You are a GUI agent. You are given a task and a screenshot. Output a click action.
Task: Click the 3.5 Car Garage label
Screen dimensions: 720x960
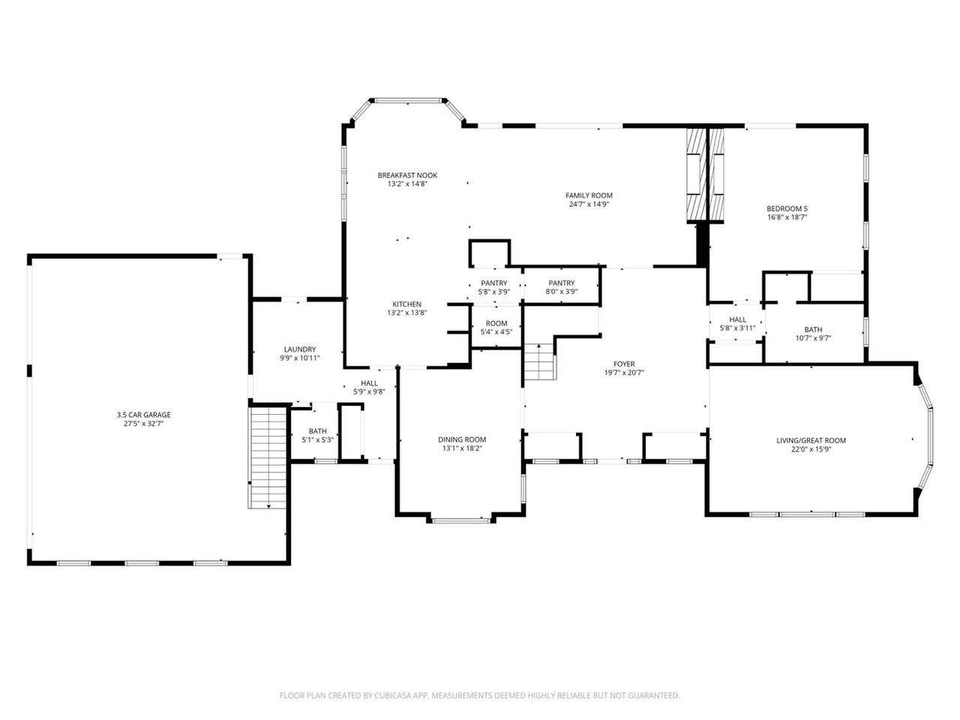pyautogui.click(x=143, y=415)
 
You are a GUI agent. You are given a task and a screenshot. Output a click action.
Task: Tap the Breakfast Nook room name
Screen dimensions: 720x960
pyautogui.click(x=407, y=175)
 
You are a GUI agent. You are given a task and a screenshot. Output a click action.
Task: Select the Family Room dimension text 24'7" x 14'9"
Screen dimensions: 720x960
pyautogui.click(x=589, y=204)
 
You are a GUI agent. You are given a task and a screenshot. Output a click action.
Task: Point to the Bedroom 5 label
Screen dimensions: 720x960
pyautogui.click(x=787, y=208)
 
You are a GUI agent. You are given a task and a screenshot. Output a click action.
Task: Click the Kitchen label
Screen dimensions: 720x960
pyautogui.click(x=406, y=304)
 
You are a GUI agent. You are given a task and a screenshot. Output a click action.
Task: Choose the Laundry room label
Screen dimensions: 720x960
pyautogui.click(x=299, y=349)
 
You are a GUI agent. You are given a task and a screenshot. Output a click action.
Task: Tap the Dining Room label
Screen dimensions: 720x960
pyautogui.click(x=462, y=440)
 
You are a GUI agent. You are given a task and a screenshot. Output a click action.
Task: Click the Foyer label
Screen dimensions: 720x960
pyautogui.click(x=624, y=364)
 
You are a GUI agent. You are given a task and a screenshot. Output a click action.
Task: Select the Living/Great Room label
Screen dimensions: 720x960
pyautogui.click(x=811, y=441)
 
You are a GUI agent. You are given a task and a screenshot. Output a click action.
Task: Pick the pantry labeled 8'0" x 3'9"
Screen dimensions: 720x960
pyautogui.click(x=561, y=287)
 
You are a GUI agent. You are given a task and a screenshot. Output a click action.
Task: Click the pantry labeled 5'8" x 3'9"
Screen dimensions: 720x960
pyautogui.click(x=494, y=287)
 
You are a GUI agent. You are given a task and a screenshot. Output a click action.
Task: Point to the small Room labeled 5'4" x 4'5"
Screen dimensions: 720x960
pyautogui.click(x=496, y=328)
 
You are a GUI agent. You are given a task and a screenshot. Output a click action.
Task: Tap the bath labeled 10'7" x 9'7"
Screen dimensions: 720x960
pyautogui.click(x=813, y=334)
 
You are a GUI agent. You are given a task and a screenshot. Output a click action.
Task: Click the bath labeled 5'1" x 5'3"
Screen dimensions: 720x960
pyautogui.click(x=317, y=436)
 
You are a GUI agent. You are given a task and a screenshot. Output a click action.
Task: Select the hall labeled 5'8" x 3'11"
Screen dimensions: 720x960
pyautogui.click(x=737, y=324)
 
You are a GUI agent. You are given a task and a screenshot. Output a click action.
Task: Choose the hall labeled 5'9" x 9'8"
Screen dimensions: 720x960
pyautogui.click(x=369, y=387)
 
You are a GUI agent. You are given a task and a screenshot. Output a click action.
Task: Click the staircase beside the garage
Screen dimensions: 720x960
pyautogui.click(x=268, y=457)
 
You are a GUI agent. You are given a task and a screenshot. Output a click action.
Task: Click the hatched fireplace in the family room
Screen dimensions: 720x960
pyautogui.click(x=697, y=174)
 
